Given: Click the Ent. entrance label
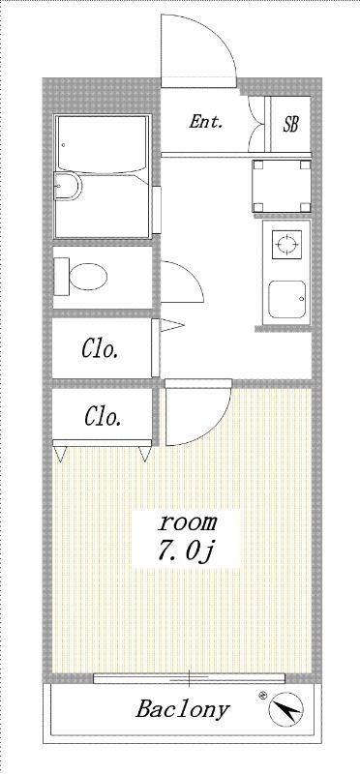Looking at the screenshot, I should click(x=206, y=122).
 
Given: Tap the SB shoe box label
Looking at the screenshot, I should click(x=290, y=124).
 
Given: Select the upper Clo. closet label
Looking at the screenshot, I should click(x=101, y=348).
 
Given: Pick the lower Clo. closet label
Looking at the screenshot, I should click(x=103, y=417).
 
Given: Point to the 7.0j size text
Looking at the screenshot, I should click(x=188, y=551).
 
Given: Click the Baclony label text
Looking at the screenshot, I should click(x=183, y=709).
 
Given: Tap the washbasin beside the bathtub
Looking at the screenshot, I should click(x=68, y=187).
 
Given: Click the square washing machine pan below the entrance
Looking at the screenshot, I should click(x=282, y=185).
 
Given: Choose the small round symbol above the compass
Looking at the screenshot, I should click(x=261, y=694).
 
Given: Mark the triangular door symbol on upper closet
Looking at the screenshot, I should click(x=165, y=326).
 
